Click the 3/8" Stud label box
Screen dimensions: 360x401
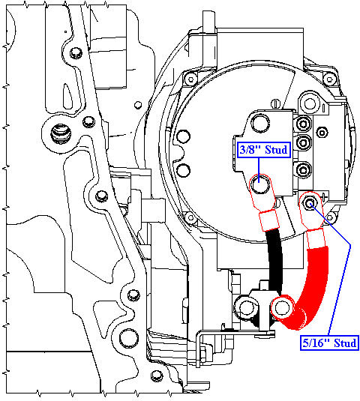coord(264,150)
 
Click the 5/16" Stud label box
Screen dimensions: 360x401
coord(329,343)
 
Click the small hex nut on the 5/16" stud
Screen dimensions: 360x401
coord(310,204)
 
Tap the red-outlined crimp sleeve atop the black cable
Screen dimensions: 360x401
coord(269,220)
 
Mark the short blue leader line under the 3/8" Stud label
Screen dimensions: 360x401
coord(259,170)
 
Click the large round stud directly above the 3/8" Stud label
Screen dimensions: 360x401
coord(260,123)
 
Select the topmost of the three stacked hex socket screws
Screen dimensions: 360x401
coord(304,124)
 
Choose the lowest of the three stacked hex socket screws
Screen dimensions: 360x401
coord(304,170)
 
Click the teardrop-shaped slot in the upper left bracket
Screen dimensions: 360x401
coord(68,97)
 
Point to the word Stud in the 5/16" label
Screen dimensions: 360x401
coord(345,343)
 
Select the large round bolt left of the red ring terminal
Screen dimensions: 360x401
coord(246,307)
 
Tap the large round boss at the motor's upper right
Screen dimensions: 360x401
coord(310,103)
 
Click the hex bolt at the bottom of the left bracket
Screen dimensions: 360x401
coord(157,376)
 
